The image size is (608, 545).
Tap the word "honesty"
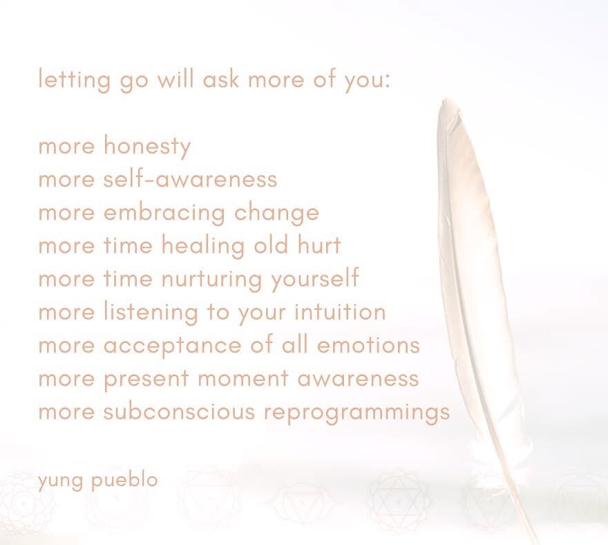(x=146, y=147)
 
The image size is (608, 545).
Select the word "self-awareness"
(x=190, y=179)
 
